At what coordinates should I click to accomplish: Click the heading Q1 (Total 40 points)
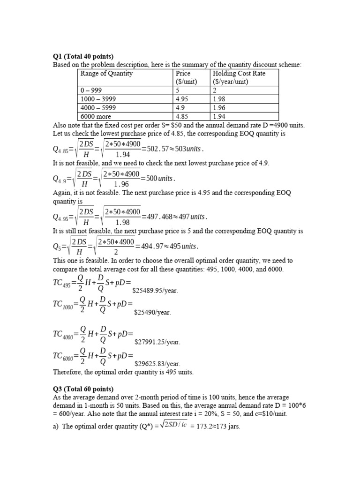pos(83,57)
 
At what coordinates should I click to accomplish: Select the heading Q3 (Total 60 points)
pos(83,389)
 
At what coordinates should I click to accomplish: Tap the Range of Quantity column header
pos(106,74)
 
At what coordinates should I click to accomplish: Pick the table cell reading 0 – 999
pos(91,90)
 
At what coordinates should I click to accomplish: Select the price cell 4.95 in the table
pos(182,99)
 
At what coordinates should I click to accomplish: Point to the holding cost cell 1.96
pos(219,107)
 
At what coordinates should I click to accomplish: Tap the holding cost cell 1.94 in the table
pos(219,116)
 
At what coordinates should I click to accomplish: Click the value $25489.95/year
pos(155,291)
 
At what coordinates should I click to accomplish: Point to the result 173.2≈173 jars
pos(215,427)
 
